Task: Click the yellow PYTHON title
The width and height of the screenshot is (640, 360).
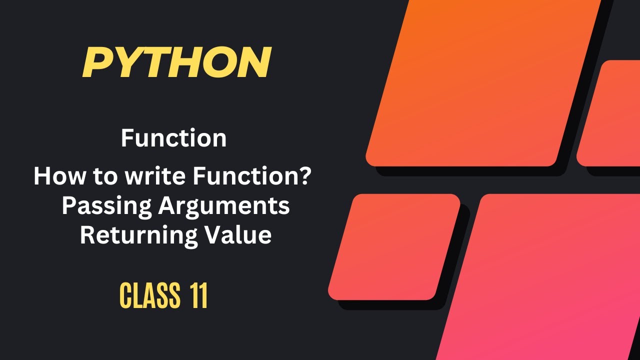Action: coord(176,62)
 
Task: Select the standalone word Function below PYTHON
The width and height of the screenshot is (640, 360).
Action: coord(173,138)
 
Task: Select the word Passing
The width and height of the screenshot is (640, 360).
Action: coord(105,206)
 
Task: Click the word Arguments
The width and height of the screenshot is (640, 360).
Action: coord(223,207)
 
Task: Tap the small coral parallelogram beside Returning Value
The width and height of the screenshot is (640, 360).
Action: coord(394,246)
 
